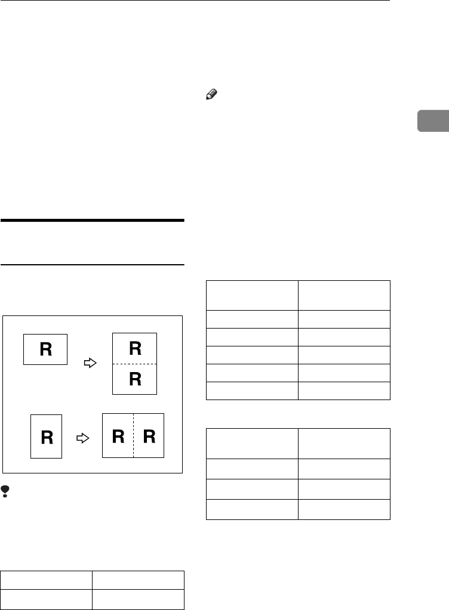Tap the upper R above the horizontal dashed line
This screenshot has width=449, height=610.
135,349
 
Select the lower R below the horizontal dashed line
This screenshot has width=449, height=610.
135,379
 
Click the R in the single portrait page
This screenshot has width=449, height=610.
47,437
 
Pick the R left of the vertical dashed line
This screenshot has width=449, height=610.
118,436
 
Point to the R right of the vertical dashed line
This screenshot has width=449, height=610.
149,436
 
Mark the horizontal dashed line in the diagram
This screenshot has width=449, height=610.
135,364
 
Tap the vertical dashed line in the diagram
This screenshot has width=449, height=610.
133,435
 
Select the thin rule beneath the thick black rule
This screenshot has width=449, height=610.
93,265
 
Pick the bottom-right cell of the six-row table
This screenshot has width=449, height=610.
344,391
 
